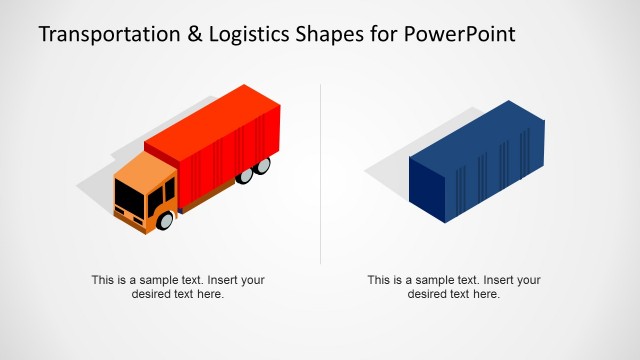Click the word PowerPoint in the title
pos(461,35)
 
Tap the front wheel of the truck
pos(167,217)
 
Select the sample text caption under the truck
pos(178,287)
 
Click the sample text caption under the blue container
pos(454,287)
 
